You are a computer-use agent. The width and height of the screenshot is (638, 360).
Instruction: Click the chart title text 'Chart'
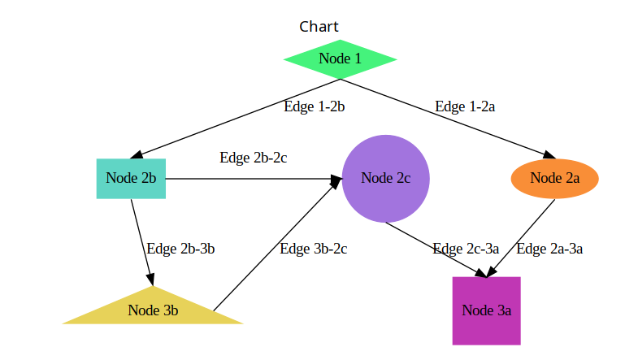[x=319, y=27]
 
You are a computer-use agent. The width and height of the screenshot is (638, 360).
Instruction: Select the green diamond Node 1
[x=340, y=59]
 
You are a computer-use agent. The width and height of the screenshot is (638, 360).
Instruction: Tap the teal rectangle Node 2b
[x=131, y=178]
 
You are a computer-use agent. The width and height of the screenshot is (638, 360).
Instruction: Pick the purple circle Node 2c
[x=385, y=178]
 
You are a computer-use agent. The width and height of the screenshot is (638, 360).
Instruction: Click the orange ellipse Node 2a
[x=554, y=178]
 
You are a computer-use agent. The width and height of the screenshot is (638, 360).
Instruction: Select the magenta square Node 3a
[x=486, y=310]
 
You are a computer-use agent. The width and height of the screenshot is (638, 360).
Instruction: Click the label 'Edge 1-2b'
[x=315, y=106]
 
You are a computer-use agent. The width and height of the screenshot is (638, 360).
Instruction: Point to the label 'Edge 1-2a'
[x=465, y=106]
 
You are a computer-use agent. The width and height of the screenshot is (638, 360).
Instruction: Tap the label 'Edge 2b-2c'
[x=253, y=158]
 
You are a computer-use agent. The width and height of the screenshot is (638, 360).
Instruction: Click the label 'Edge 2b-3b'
[x=180, y=249]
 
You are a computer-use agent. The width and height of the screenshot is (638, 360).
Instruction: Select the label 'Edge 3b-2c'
[x=313, y=249]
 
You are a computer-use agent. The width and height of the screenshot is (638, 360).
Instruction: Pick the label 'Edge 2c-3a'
[x=466, y=249]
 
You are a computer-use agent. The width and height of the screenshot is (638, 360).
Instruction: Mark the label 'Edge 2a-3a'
[x=549, y=249]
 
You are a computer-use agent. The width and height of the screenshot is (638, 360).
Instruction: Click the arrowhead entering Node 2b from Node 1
[x=137, y=155]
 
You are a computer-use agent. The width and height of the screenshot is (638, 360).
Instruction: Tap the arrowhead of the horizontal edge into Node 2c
[x=336, y=178]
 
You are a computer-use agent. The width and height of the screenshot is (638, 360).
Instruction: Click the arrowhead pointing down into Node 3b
[x=150, y=280]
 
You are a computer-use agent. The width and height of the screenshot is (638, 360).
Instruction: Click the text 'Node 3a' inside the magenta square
[x=486, y=310]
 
